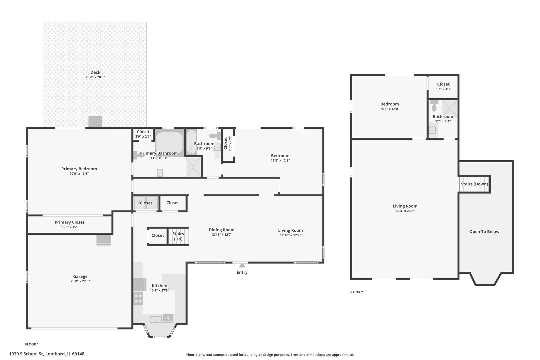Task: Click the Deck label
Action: tap(95, 72)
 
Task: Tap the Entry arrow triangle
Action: tap(242, 265)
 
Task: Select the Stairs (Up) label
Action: tap(178, 236)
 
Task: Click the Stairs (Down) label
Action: tap(474, 184)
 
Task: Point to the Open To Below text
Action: tap(484, 231)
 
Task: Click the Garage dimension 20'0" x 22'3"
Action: tap(80, 281)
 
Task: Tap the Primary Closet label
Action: tap(69, 222)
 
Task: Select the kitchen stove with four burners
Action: tap(138, 298)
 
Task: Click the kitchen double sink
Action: tap(156, 319)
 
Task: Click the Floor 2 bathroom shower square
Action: tap(450, 108)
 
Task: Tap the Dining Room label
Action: tap(222, 230)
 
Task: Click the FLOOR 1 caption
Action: tap(32, 344)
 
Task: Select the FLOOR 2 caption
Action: tap(356, 292)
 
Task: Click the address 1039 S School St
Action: tap(26, 354)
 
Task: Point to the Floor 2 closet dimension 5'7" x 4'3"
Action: tap(443, 89)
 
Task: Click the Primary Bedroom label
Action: tap(79, 169)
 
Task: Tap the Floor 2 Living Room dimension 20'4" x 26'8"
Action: tap(405, 211)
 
